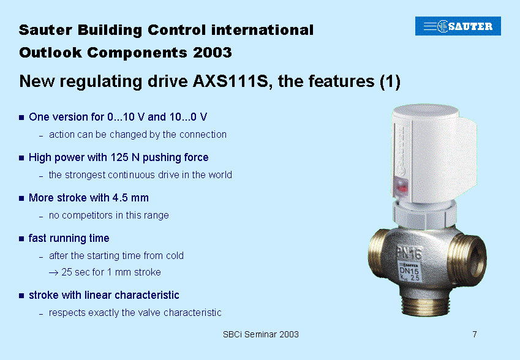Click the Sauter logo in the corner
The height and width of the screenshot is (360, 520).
(x=458, y=26)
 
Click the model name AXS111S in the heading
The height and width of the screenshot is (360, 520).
(x=230, y=81)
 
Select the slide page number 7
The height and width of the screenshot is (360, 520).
(x=475, y=334)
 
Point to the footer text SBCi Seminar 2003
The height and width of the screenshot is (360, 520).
(x=261, y=334)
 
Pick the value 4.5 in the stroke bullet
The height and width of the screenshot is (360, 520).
(x=120, y=198)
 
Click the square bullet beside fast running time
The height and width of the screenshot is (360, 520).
(x=21, y=239)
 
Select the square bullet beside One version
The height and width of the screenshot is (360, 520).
(x=21, y=118)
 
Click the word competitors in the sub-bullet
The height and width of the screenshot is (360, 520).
(x=88, y=216)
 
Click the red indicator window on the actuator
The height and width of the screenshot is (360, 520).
(x=401, y=186)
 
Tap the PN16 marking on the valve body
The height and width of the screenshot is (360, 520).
(x=409, y=254)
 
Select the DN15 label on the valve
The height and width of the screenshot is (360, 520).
(x=409, y=271)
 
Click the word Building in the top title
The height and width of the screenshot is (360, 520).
(x=110, y=30)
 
